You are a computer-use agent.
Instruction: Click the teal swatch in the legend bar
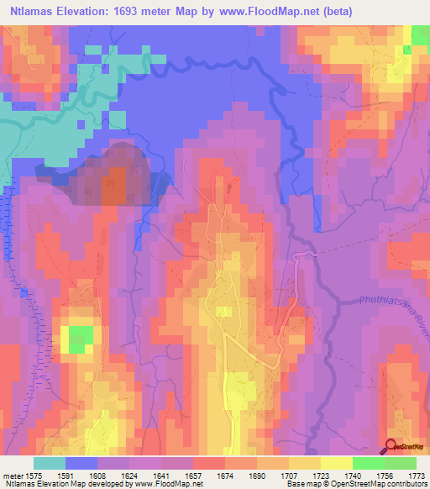[50, 463]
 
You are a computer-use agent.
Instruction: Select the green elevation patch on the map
[80, 337]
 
